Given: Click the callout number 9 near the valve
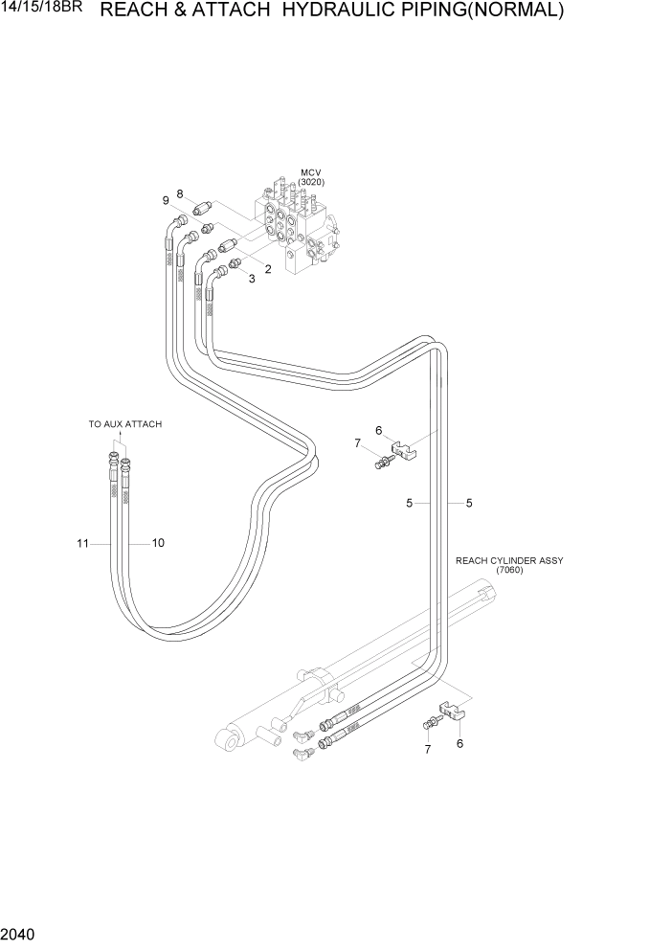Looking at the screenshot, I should point(166,200).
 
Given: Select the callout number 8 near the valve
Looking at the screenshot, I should point(179,193).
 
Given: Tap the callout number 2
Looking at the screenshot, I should point(268,269).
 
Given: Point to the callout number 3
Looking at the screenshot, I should point(252,279).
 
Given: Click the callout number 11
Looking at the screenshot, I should point(83,543).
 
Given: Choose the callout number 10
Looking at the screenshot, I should point(158,543).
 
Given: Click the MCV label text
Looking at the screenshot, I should point(310,173).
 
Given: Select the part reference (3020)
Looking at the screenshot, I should point(310,182).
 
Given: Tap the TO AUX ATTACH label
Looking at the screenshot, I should point(125,424).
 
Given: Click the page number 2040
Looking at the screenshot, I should point(17,934).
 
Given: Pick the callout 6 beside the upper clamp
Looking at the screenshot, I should point(379,431).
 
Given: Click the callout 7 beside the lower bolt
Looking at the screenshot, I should point(428,750).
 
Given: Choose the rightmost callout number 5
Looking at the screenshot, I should point(469,503).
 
